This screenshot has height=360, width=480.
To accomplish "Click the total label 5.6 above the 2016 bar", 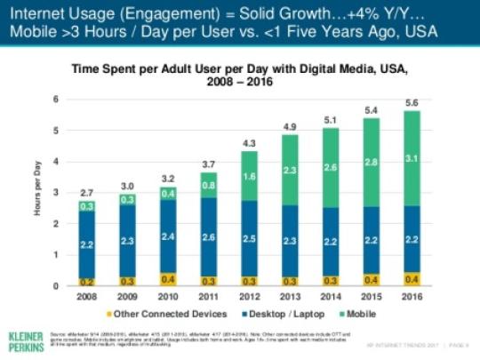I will point(412,102).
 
